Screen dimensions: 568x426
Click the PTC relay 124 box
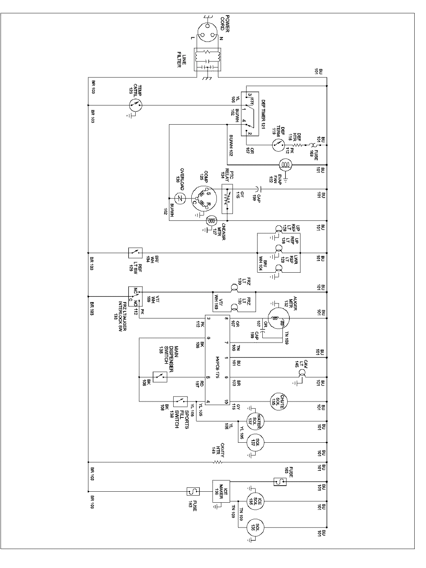(227, 198)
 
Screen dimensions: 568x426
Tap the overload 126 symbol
(180, 198)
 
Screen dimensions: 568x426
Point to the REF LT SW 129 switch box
(135, 253)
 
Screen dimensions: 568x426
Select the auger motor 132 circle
(279, 318)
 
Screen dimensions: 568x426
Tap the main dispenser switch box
(160, 377)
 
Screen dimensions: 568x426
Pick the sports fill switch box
(180, 402)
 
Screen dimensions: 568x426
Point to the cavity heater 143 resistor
(217, 462)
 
